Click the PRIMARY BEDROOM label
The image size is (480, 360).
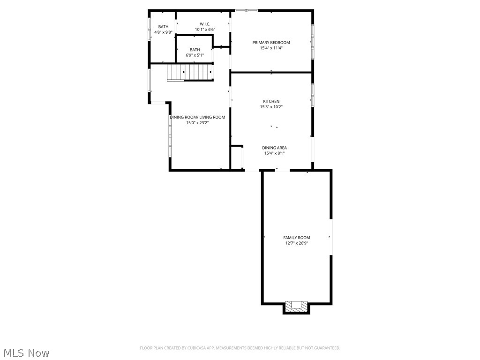pyautogui.click(x=271, y=43)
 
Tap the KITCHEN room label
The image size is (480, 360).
pyautogui.click(x=271, y=101)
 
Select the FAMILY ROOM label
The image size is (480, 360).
pyautogui.click(x=296, y=238)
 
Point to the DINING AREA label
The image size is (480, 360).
pyautogui.click(x=274, y=148)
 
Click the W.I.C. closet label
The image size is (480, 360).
pyautogui.click(x=205, y=24)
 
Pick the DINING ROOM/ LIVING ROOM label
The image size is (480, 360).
pyautogui.click(x=197, y=117)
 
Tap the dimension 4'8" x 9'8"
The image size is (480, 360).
pyautogui.click(x=163, y=32)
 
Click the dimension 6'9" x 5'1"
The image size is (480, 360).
pyautogui.click(x=195, y=55)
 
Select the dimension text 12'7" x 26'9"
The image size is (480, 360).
pyautogui.click(x=296, y=243)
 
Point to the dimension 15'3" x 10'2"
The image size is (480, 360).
pyautogui.click(x=271, y=107)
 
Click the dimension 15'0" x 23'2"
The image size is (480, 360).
pyautogui.click(x=197, y=123)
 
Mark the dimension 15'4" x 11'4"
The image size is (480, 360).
pyautogui.click(x=271, y=48)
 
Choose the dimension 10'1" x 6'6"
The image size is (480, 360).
pyautogui.click(x=205, y=30)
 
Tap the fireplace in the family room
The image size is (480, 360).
pyautogui.click(x=296, y=306)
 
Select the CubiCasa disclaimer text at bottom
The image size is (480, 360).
pyautogui.click(x=240, y=348)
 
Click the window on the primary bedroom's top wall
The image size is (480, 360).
pyautogui.click(x=246, y=10)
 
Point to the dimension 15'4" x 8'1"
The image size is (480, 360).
pyautogui.click(x=274, y=153)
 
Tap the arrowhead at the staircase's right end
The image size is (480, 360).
pyautogui.click(x=211, y=72)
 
